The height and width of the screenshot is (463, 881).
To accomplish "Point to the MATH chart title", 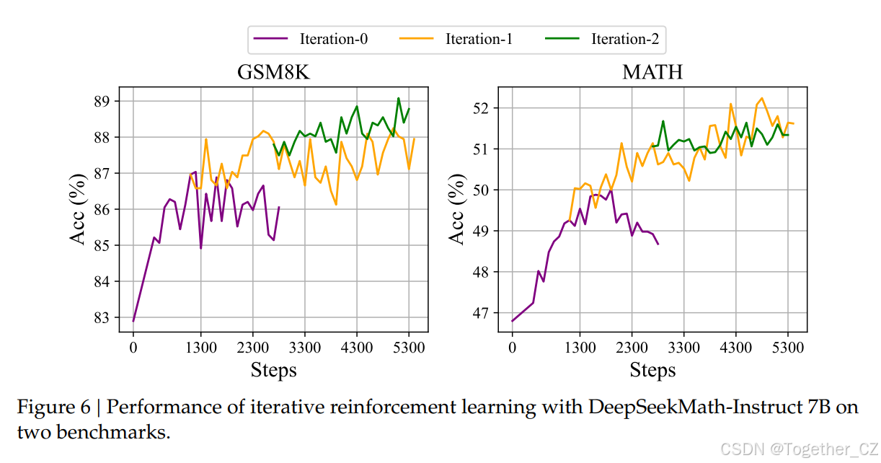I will pyautogui.click(x=652, y=74).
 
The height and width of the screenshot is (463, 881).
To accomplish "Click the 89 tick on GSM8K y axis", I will pyautogui.click(x=105, y=101).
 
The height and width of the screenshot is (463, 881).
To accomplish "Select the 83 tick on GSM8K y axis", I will pyautogui.click(x=105, y=317).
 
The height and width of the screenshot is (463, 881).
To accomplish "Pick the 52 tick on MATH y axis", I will pyautogui.click(x=484, y=108).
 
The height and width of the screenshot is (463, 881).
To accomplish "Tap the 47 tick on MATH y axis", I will pyautogui.click(x=484, y=313).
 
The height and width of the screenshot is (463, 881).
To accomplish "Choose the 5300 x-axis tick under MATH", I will pyautogui.click(x=787, y=347).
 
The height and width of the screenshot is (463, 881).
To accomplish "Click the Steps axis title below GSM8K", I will pyautogui.click(x=273, y=370).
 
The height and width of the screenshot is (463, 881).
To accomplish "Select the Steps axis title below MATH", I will pyautogui.click(x=652, y=370).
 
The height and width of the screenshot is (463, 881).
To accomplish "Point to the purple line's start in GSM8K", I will pyautogui.click(x=133, y=320).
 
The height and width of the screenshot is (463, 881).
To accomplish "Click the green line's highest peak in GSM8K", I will pyautogui.click(x=398, y=98).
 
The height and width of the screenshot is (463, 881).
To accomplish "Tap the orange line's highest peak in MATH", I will pyautogui.click(x=761, y=98).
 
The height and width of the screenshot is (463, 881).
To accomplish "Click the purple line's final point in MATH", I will pyautogui.click(x=658, y=244).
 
